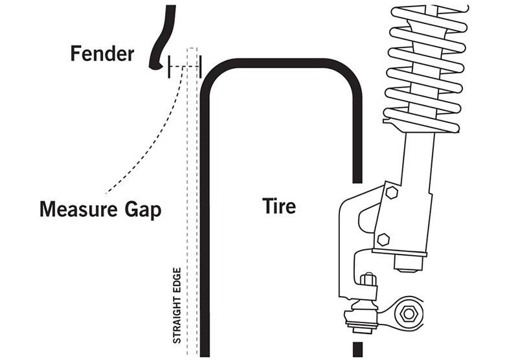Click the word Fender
point(102,53)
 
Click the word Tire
point(279,206)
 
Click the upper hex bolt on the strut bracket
point(390,192)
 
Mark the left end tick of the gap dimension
point(169,66)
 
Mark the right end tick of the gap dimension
point(201,66)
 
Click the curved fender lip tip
point(153,65)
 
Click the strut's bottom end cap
point(408,262)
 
